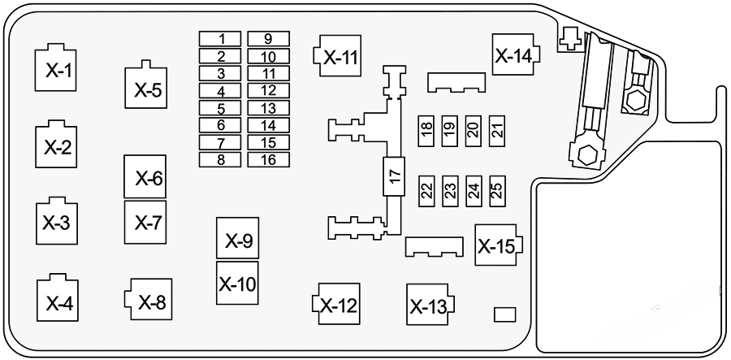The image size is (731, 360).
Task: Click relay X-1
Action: (x=56, y=70)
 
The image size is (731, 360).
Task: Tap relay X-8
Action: (x=149, y=302)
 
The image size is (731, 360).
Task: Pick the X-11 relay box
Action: (x=339, y=56)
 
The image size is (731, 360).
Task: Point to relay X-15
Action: (x=497, y=245)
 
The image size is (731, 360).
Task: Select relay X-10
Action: (x=237, y=283)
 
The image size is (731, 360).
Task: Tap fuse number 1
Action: (x=221, y=39)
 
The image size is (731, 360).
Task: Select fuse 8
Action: (x=221, y=158)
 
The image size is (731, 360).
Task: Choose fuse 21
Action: (x=498, y=128)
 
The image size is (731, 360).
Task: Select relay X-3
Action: (x=56, y=222)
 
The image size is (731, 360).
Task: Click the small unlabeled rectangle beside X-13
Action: (x=505, y=314)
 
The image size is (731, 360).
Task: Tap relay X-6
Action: (x=145, y=177)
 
